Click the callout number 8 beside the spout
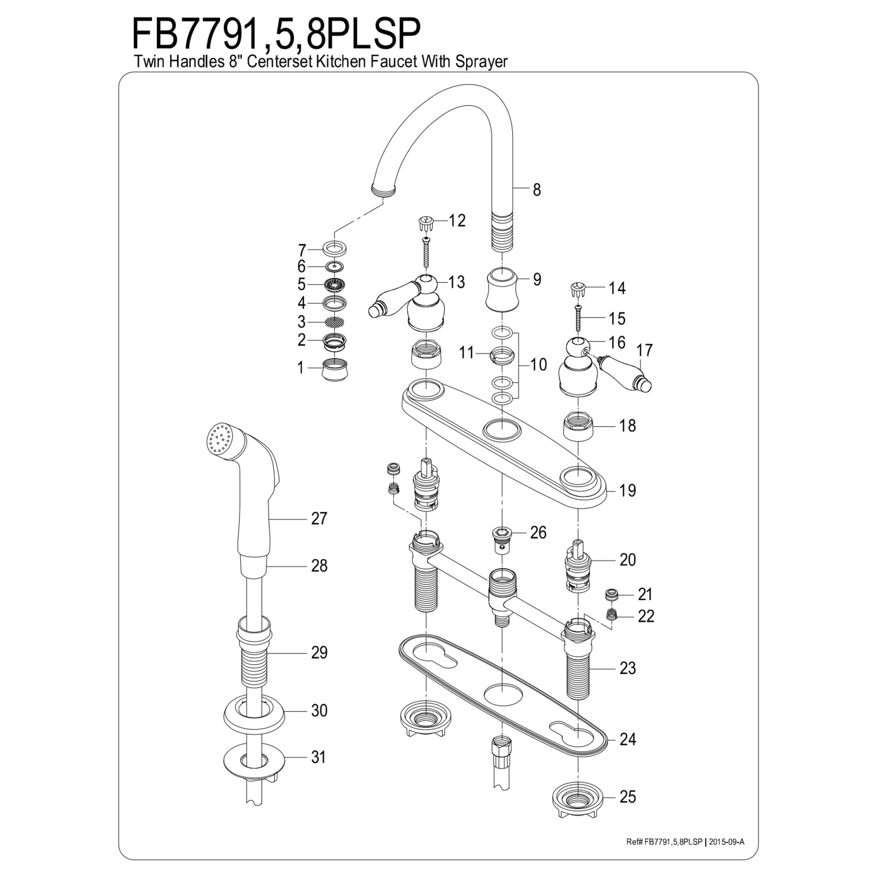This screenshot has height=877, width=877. pos(537,189)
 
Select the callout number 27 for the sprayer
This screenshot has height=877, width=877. pos(319,518)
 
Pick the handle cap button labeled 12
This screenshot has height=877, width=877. pos(427,223)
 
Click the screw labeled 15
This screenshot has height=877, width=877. pos(578,319)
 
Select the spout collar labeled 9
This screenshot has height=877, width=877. pos(502,289)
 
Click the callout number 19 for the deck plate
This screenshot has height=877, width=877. pos(627,490)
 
